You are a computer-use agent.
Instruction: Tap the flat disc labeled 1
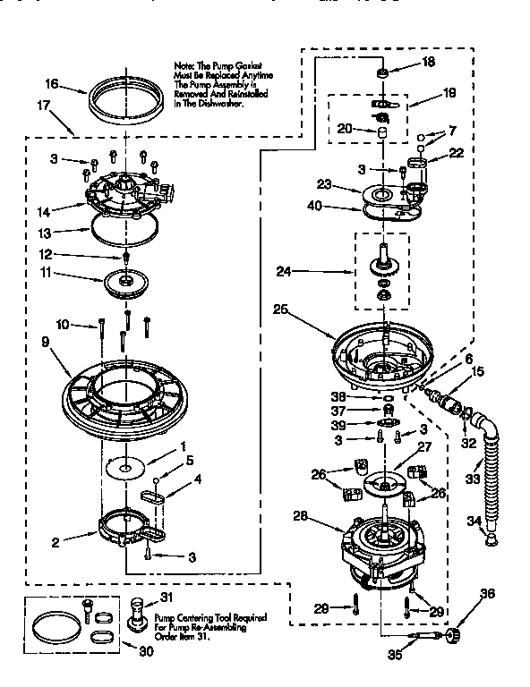(x=125, y=464)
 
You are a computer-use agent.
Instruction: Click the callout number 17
(x=41, y=105)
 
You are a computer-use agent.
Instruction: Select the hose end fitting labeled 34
(x=491, y=538)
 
